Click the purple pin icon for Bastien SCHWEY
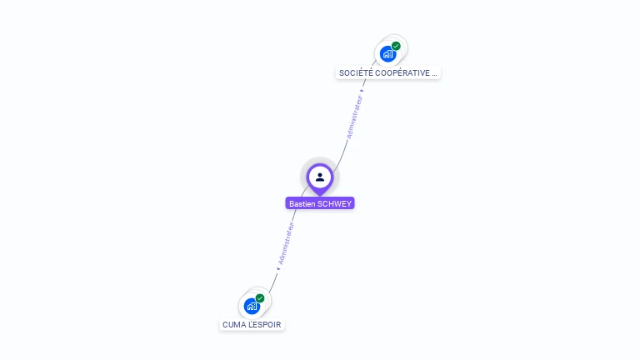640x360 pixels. pyautogui.click(x=320, y=177)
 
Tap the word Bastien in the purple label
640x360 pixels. pyautogui.click(x=302, y=203)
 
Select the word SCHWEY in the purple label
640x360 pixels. pyautogui.click(x=335, y=203)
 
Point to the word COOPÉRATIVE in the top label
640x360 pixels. pyautogui.click(x=400, y=73)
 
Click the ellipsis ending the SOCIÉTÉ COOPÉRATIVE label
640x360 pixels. pyautogui.click(x=434, y=73)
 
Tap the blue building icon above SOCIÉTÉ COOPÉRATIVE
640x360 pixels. pyautogui.click(x=387, y=53)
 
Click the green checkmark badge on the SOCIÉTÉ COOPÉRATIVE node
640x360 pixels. pyautogui.click(x=396, y=46)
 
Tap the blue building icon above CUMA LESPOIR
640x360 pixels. pyautogui.click(x=252, y=306)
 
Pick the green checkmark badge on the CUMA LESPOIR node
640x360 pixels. pyautogui.click(x=260, y=297)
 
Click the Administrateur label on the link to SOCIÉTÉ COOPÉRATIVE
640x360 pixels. pyautogui.click(x=355, y=117)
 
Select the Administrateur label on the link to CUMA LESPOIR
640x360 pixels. pyautogui.click(x=286, y=243)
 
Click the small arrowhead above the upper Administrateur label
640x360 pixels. pyautogui.click(x=362, y=91)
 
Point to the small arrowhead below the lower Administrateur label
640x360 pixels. pyautogui.click(x=277, y=268)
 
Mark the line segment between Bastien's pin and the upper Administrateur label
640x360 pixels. pyautogui.click(x=342, y=153)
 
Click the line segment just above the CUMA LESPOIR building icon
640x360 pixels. pyautogui.click(x=271, y=285)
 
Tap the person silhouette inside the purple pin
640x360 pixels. pyautogui.click(x=320, y=177)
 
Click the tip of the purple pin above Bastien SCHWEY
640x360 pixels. pyautogui.click(x=320, y=194)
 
